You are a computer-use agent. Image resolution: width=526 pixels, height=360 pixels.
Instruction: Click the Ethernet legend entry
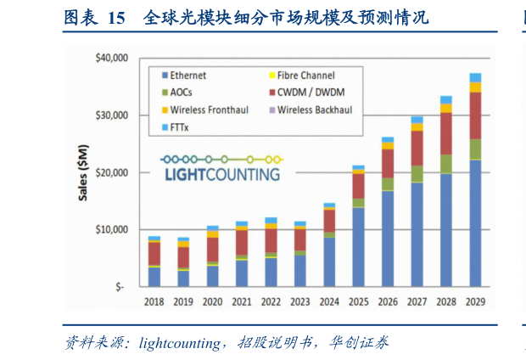click(x=187, y=76)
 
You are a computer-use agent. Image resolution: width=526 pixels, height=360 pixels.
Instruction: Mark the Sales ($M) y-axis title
click(x=82, y=172)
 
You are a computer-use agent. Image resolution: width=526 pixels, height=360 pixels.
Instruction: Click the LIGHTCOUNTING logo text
click(x=222, y=174)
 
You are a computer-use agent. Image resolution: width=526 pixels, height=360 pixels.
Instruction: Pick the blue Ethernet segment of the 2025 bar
click(x=359, y=246)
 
